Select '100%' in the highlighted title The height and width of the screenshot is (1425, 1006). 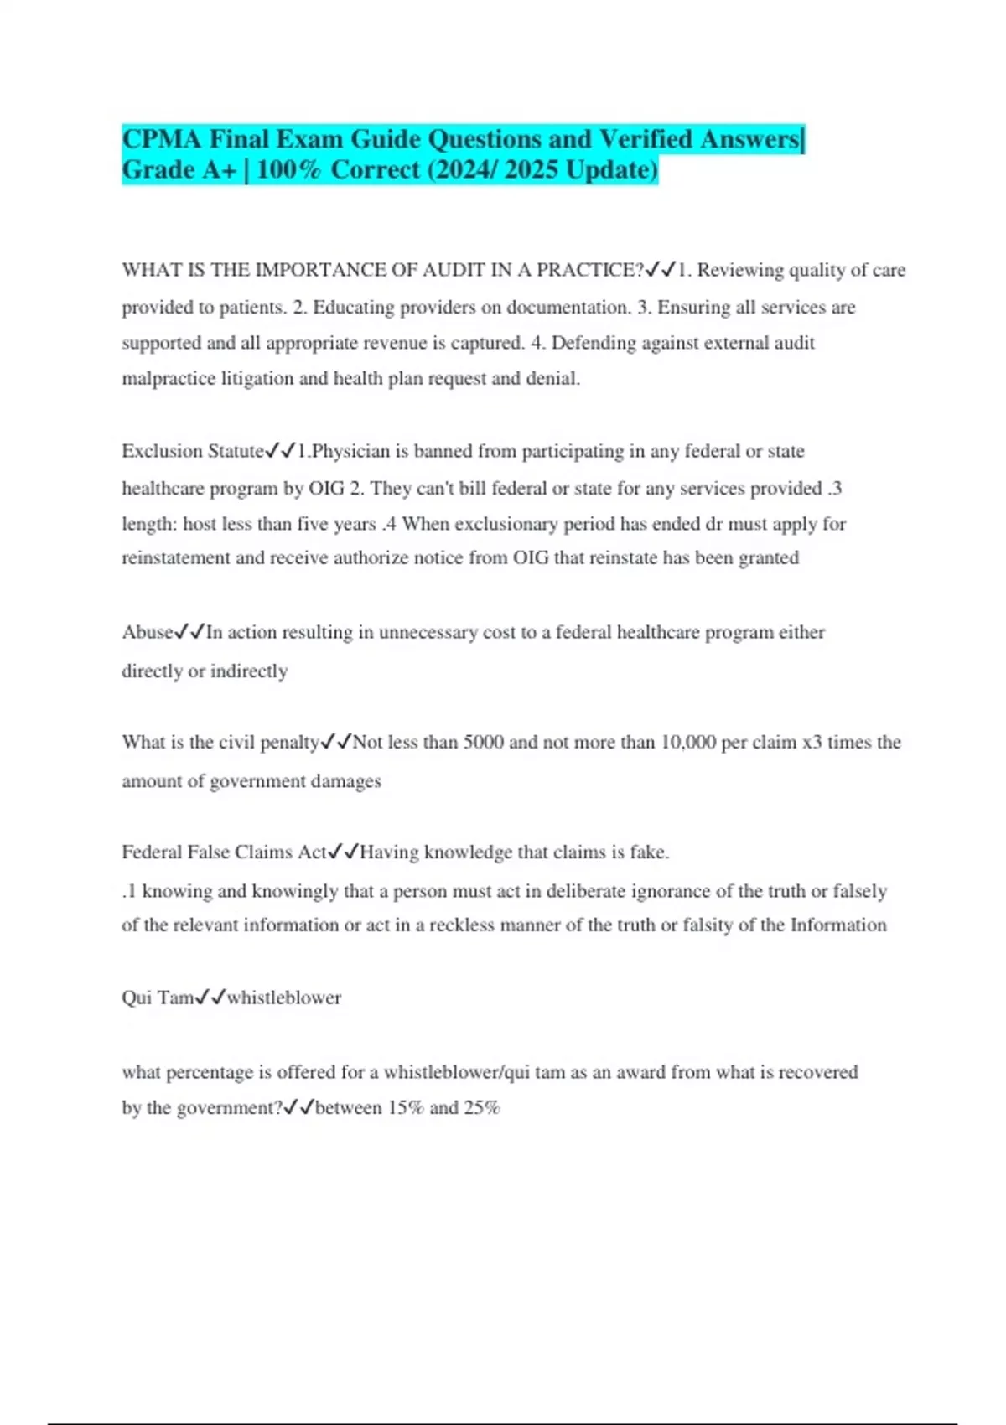pos(288,170)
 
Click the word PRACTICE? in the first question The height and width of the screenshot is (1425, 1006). pos(590,270)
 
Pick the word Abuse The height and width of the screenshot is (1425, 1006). pos(148,632)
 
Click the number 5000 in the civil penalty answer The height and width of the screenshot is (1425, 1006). pos(484,743)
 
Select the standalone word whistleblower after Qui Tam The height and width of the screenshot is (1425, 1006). pos(284,997)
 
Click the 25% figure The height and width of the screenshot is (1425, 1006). pos(482,1108)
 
